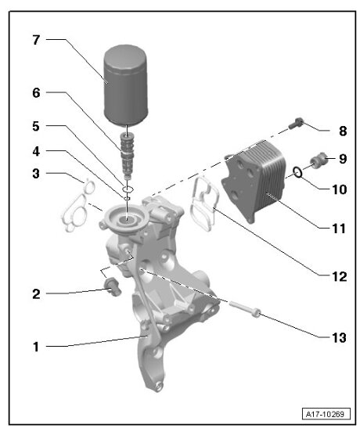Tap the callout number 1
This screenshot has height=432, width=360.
[x=35, y=345]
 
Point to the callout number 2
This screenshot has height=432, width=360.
[x=35, y=294]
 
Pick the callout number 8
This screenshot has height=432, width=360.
[x=342, y=131]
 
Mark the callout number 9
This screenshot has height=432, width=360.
[x=342, y=159]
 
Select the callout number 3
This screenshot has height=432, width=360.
[x=35, y=172]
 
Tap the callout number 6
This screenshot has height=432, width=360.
[x=35, y=92]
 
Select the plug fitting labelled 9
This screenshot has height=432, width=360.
[x=319, y=160]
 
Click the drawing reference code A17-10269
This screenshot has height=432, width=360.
[x=324, y=413]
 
